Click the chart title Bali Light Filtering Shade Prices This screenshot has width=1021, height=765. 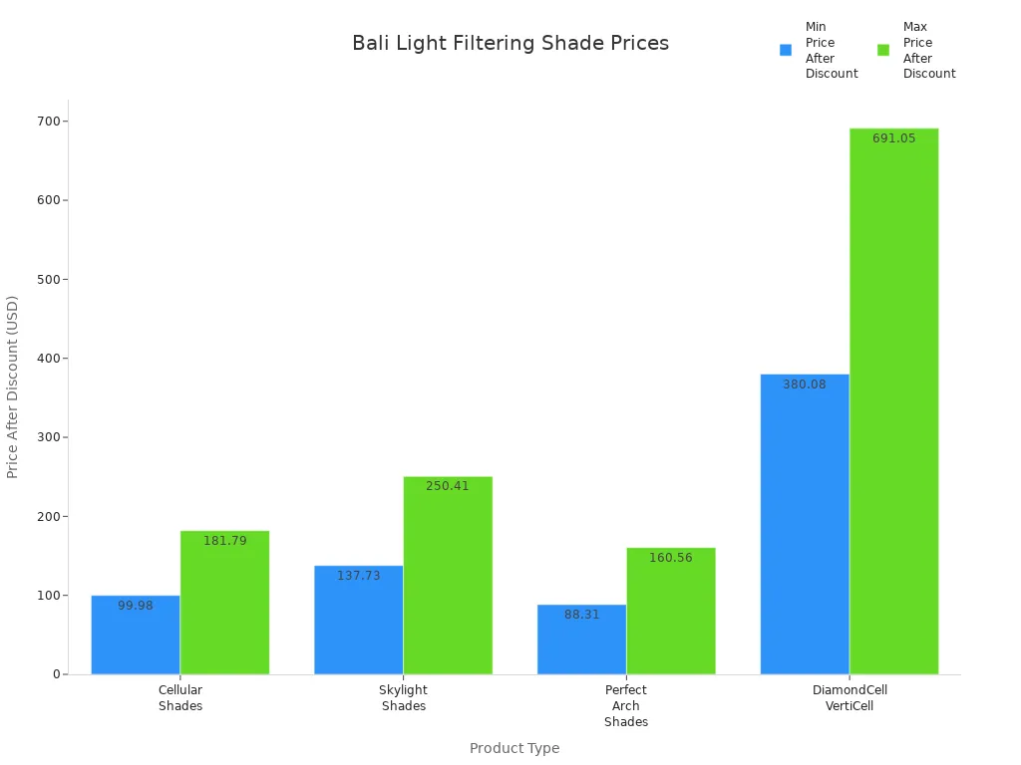(x=510, y=44)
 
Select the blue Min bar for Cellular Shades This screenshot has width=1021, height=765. (x=136, y=637)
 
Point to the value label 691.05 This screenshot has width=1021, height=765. (x=893, y=138)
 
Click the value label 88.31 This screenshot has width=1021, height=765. (x=581, y=615)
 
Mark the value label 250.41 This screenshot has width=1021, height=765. (x=448, y=486)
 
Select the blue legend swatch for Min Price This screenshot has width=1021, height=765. (x=786, y=50)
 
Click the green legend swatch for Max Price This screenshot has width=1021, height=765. (x=883, y=50)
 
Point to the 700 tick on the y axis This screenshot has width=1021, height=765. (x=48, y=122)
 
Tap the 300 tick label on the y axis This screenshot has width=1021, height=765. (x=48, y=437)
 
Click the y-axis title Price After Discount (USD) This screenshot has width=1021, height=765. (x=13, y=386)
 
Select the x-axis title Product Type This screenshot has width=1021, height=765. (x=514, y=748)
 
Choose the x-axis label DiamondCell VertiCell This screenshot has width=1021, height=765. (x=850, y=697)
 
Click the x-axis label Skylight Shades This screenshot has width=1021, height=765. (x=403, y=697)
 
